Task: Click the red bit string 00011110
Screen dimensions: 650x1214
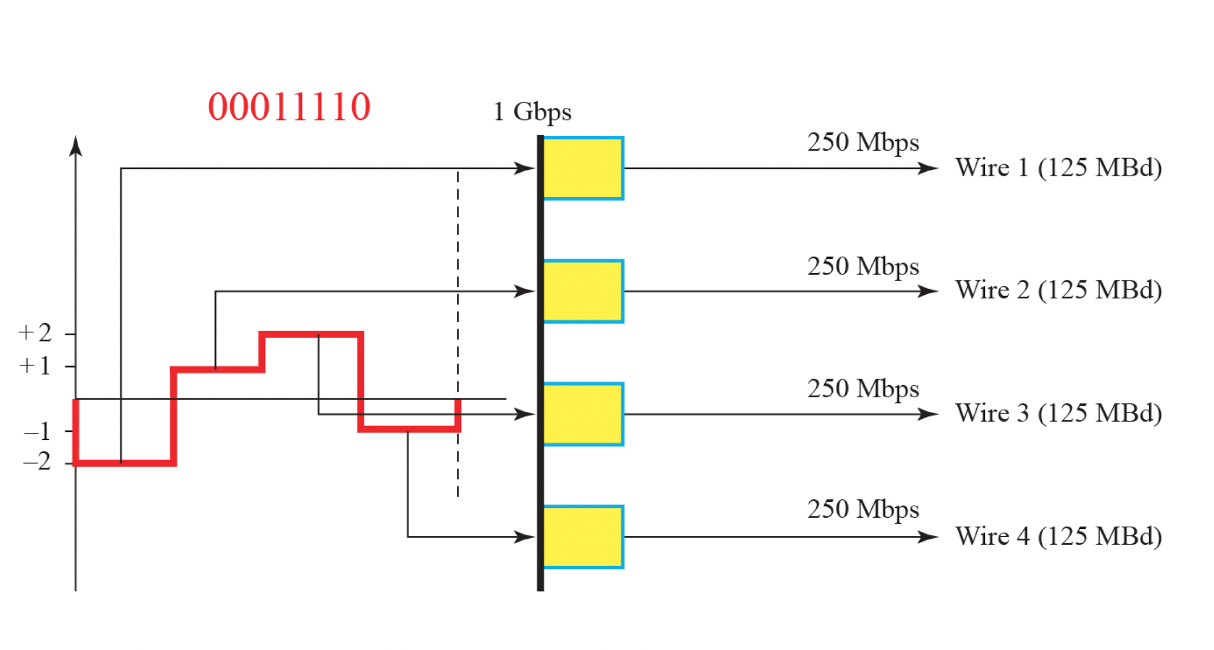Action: pos(289,107)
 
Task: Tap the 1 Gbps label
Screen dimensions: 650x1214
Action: pos(532,112)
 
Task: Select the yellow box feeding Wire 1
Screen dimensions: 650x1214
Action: pos(583,168)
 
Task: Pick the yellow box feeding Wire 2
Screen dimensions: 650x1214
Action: pos(583,291)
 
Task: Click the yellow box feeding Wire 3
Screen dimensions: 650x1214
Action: pos(583,414)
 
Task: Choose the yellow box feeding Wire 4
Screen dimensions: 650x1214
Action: pos(583,537)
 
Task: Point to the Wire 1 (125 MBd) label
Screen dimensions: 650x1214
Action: pos(1058,168)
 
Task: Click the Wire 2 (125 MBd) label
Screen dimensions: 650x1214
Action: pos(1058,290)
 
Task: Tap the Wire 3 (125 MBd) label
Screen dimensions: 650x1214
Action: pos(1058,414)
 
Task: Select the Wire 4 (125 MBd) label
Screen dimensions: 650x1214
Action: pos(1058,536)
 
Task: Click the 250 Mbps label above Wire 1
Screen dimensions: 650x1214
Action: pos(863,143)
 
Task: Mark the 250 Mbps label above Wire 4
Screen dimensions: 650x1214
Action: pos(863,510)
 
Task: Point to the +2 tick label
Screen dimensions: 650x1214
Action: pos(35,333)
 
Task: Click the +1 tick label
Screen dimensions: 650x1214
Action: pos(35,366)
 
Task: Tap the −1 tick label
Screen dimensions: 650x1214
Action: pos(38,432)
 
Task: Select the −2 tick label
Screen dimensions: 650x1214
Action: pos(38,462)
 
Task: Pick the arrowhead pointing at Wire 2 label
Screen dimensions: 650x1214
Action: pos(928,291)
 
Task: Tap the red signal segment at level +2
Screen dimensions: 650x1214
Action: pos(311,335)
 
